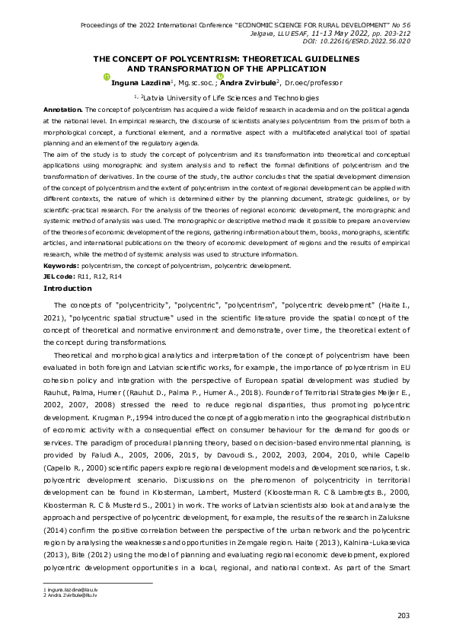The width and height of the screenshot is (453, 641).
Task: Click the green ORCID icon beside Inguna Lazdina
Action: pos(107,76)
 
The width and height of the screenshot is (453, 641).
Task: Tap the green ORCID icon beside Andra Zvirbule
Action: pos(219,76)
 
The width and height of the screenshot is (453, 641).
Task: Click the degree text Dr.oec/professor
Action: pos(314,82)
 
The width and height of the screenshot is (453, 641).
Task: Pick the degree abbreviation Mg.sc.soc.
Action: pos(196,82)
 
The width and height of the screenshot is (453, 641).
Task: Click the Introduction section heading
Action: pos(68,288)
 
